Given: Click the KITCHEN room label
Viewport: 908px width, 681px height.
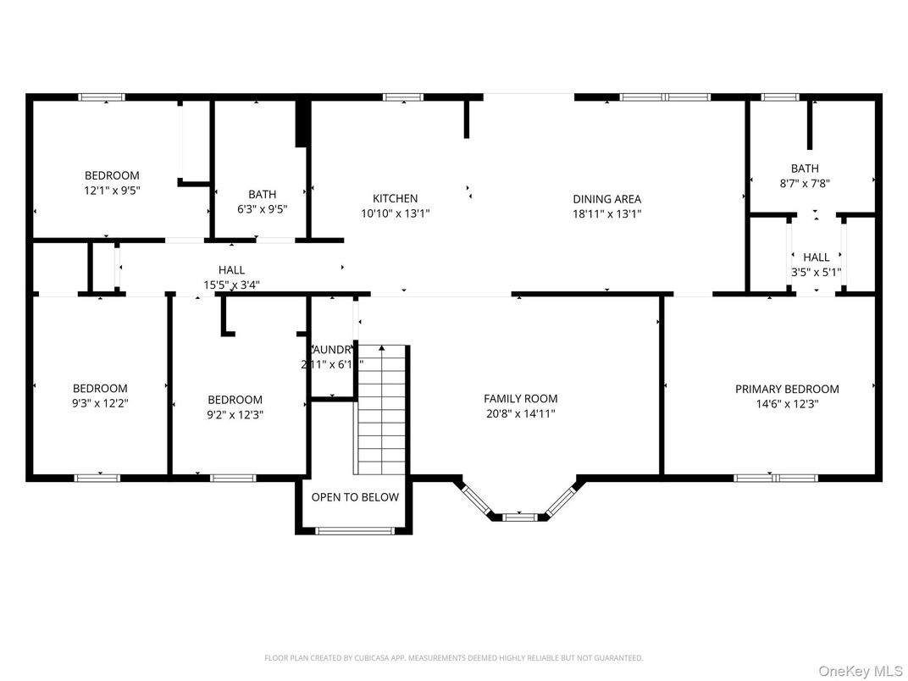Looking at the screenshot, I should (x=396, y=199).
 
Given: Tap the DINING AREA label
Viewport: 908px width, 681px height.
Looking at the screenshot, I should (x=606, y=199).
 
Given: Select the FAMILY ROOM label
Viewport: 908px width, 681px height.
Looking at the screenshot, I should (x=520, y=399).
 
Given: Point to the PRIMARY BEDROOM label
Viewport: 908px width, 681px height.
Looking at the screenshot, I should (x=787, y=390).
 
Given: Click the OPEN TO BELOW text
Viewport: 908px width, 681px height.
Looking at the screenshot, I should (x=355, y=497).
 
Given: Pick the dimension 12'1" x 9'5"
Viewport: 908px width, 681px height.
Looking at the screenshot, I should (x=112, y=191).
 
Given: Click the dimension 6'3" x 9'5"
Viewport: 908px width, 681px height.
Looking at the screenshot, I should (x=263, y=210).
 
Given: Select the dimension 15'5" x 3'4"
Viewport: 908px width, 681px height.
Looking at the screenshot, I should (x=231, y=285).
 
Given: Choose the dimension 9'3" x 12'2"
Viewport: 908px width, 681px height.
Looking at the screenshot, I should (x=100, y=404).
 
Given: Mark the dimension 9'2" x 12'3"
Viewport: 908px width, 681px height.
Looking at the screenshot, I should (x=235, y=415).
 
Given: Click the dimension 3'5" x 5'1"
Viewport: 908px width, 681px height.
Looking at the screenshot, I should (x=816, y=273).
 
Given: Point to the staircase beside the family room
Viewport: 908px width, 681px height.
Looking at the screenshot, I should (x=381, y=410).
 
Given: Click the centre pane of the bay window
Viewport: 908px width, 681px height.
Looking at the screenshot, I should (x=519, y=516).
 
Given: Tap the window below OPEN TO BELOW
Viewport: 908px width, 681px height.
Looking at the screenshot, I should (x=355, y=531).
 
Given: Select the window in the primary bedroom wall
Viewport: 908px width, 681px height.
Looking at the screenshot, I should (x=775, y=478).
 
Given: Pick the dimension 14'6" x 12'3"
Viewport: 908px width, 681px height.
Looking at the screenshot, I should (x=787, y=405).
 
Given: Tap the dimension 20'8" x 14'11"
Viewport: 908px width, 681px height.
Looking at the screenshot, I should (x=520, y=414).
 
